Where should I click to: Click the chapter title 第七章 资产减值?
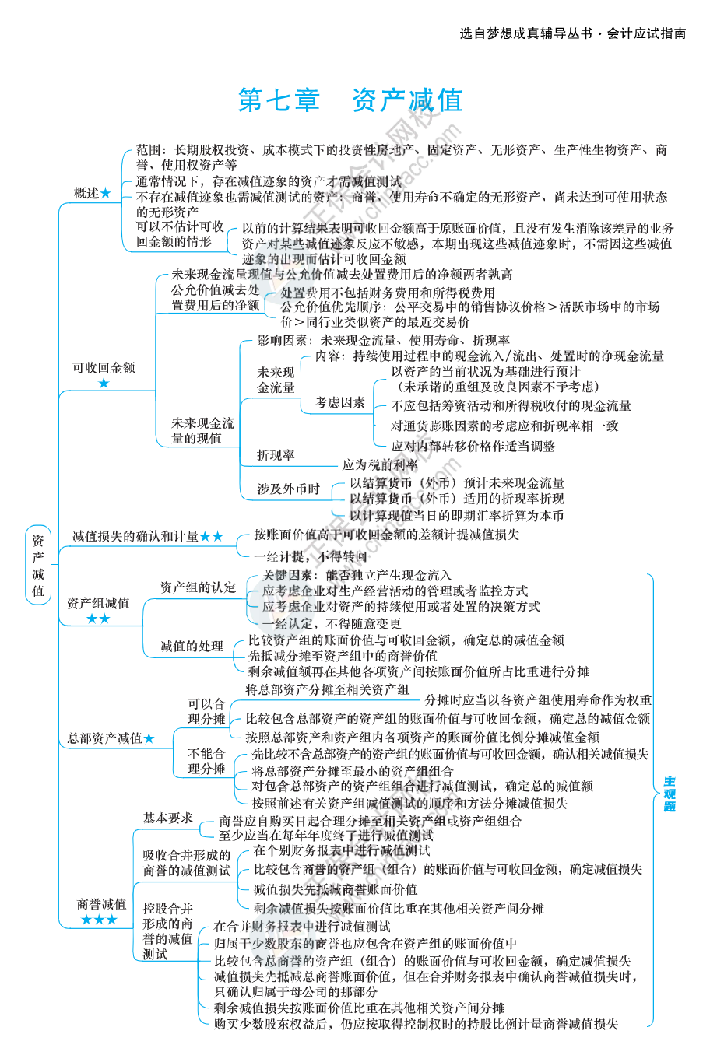[350, 100]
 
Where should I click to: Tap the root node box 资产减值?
[38, 565]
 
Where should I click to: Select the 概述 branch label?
[87, 193]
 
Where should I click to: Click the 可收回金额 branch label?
[104, 367]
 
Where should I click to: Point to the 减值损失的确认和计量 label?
[135, 536]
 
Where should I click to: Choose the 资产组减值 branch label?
[98, 603]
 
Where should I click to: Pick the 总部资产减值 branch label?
[104, 738]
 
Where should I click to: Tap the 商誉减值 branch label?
[101, 904]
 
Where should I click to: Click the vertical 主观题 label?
[669, 794]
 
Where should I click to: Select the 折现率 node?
[276, 455]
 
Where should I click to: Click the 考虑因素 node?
[339, 402]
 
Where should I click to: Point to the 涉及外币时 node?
[288, 489]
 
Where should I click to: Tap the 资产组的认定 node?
[198, 587]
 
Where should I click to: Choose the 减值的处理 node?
[192, 646]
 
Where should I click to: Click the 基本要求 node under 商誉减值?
[167, 818]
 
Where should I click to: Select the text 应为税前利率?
[380, 464]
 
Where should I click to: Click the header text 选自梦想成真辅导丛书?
[525, 33]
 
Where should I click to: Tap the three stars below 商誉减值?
[99, 920]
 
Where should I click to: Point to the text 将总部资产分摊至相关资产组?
[327, 689]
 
